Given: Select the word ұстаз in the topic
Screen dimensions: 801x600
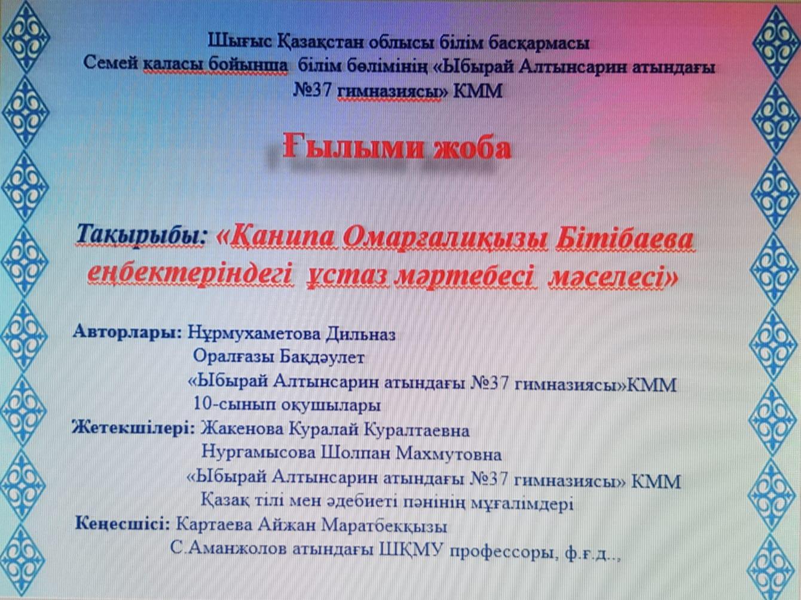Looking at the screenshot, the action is (347, 278).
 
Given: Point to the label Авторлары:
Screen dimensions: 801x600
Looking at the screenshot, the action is (127, 333).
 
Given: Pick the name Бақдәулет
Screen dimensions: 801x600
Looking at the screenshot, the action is (322, 358).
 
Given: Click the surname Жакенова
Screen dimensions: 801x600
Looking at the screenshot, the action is (242, 430).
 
